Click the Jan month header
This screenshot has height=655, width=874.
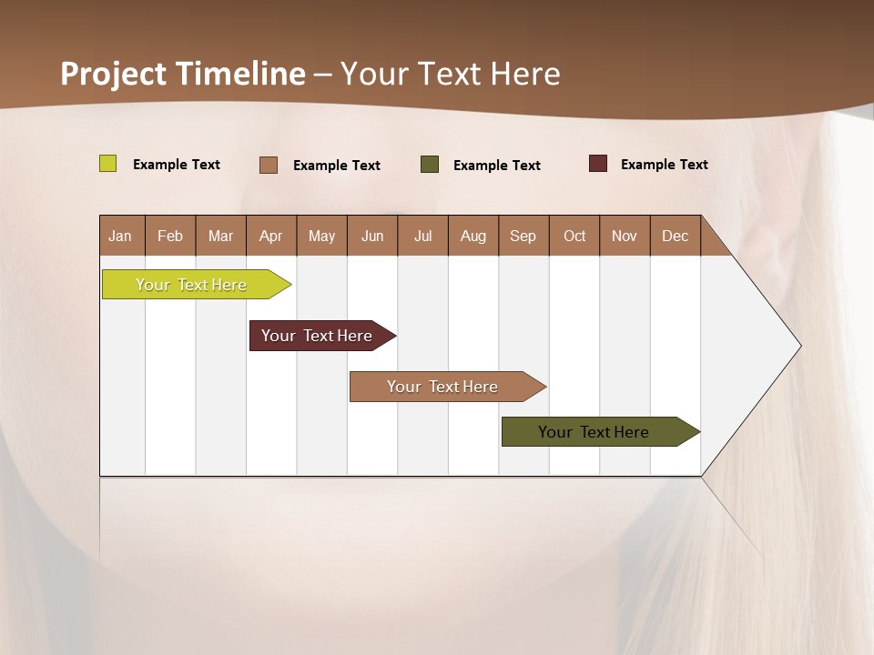pyautogui.click(x=121, y=236)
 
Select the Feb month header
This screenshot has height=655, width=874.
pyautogui.click(x=170, y=236)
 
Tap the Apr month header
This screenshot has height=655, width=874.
pyautogui.click(x=271, y=236)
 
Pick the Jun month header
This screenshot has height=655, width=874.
pyautogui.click(x=372, y=236)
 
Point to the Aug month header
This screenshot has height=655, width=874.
pyautogui.click(x=473, y=236)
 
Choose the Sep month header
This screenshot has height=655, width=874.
pyautogui.click(x=523, y=236)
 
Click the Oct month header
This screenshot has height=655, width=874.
pyautogui.click(x=574, y=236)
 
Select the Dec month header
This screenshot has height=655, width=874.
pyautogui.click(x=676, y=236)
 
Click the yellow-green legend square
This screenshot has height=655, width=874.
pyautogui.click(x=107, y=164)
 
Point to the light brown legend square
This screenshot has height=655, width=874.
pyautogui.click(x=269, y=165)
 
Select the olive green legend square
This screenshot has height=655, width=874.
pyautogui.click(x=430, y=164)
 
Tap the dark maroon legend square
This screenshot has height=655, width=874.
pyautogui.click(x=598, y=164)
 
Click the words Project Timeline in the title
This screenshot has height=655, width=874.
pyautogui.click(x=182, y=74)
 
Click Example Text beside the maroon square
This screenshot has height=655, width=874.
pyautogui.click(x=664, y=165)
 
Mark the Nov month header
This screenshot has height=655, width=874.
pyautogui.click(x=625, y=236)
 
